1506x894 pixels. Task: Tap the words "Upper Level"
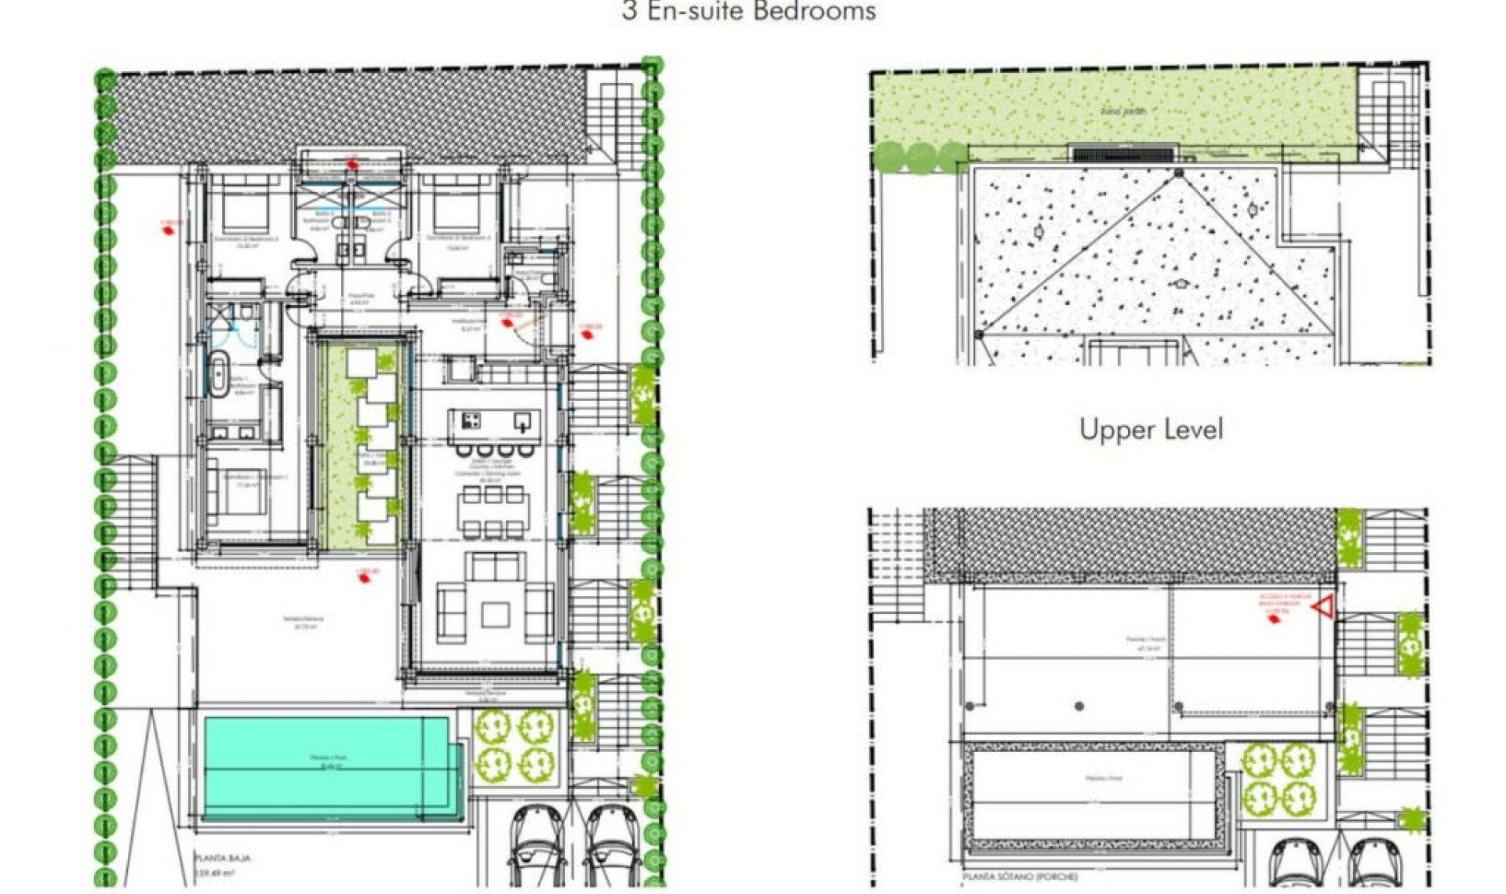1151,430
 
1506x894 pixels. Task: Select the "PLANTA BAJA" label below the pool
223,858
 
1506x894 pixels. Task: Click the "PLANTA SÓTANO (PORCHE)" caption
1020,877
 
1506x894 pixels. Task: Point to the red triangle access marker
1324,606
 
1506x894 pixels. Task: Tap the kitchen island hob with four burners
471,421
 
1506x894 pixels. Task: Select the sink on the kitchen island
522,423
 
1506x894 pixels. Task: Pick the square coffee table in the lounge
495,614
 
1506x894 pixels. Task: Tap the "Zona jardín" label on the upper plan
1122,111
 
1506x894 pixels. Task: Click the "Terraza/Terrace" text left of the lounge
303,619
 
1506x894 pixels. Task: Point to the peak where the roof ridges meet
1179,173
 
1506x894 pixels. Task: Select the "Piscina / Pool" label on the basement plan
1104,779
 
